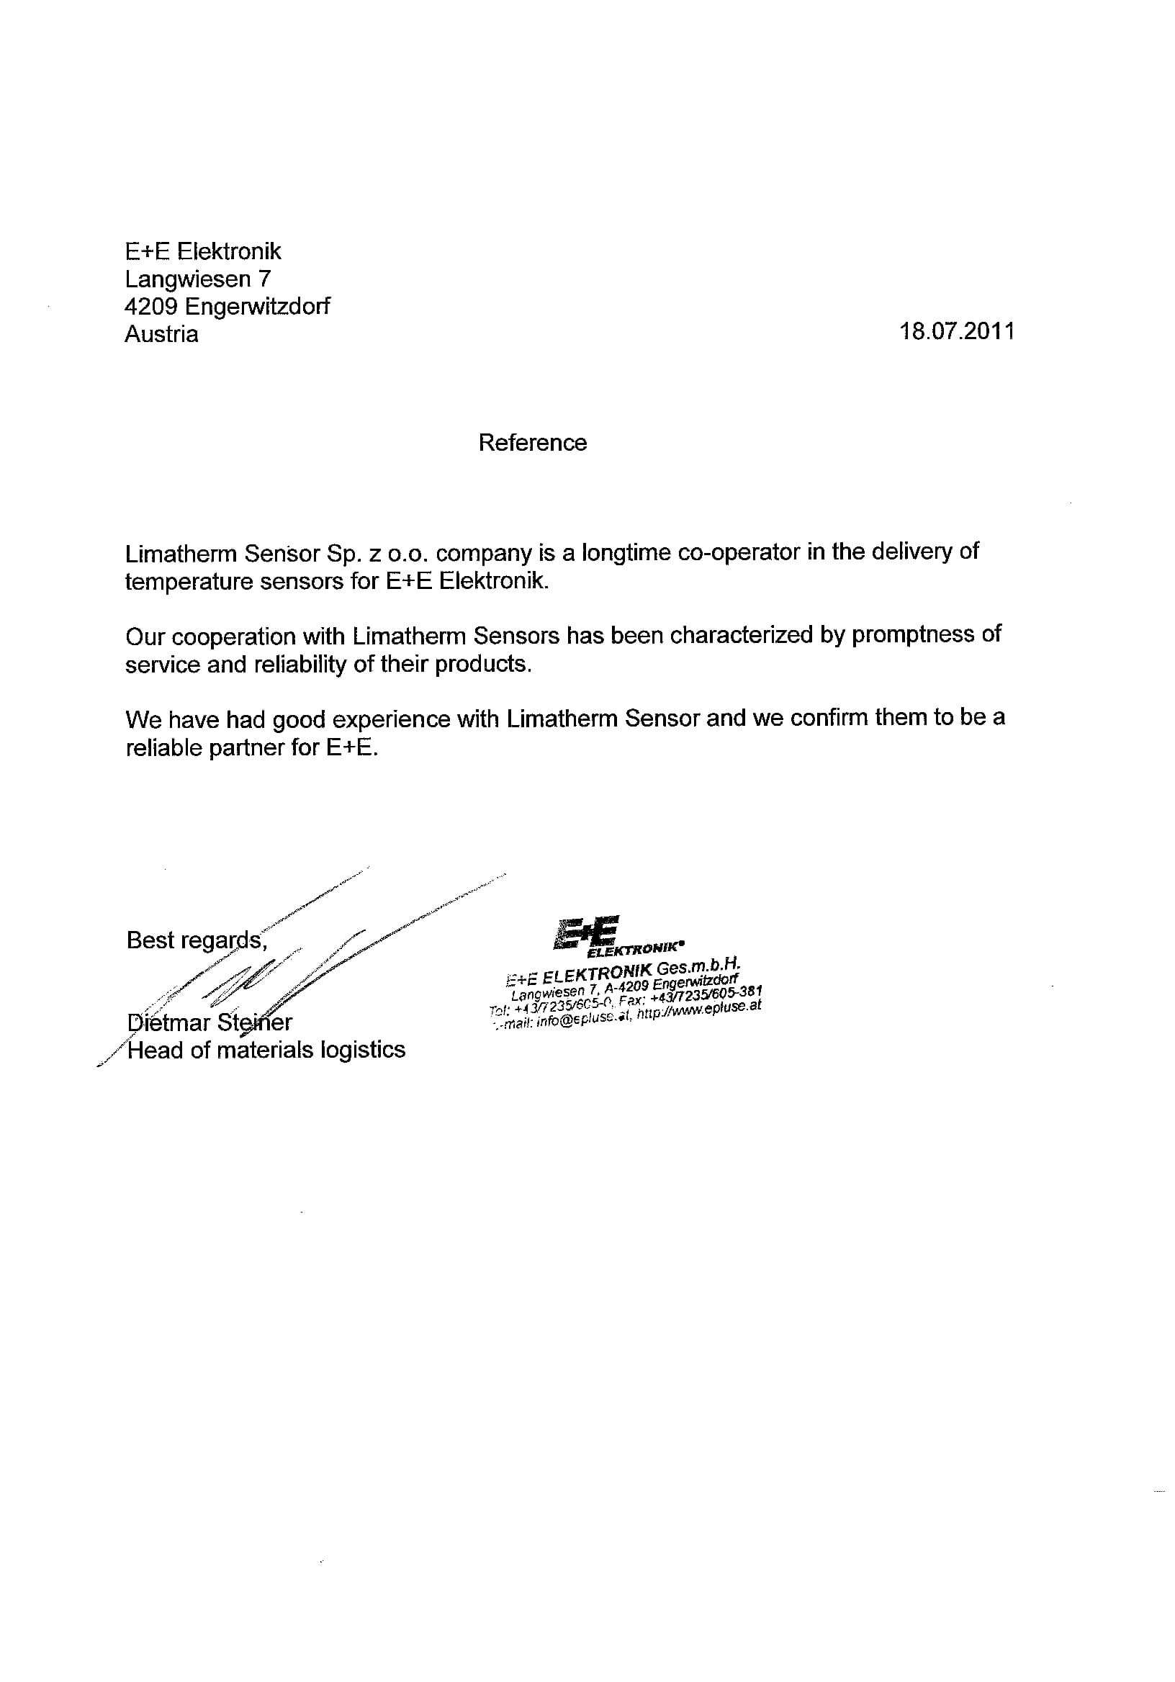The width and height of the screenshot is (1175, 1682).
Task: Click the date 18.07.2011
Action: tap(957, 332)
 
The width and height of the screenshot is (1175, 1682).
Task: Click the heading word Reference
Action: tap(533, 443)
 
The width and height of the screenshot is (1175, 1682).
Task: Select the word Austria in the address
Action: tap(161, 334)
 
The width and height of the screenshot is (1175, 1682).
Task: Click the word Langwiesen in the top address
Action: tap(187, 279)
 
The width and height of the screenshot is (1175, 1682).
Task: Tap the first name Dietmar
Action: tap(168, 1022)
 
